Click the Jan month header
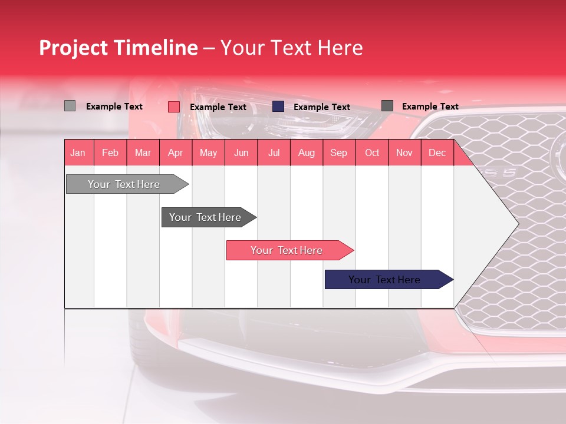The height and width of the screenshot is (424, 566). click(78, 153)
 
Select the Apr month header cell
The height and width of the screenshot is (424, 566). click(175, 153)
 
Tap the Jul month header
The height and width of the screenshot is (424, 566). click(274, 153)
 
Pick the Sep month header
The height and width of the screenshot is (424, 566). click(338, 153)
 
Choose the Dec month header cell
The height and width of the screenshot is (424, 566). click(437, 153)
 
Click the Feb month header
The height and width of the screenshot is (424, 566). click(110, 153)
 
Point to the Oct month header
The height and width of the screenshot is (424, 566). click(372, 153)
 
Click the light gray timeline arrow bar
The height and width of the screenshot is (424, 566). click(124, 184)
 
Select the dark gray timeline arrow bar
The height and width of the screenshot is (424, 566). click(205, 217)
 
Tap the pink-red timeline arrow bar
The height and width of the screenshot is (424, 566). click(287, 250)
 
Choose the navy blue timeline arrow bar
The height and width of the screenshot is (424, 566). click(384, 280)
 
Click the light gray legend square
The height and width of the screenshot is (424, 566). click(70, 106)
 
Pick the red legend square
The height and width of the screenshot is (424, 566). click(173, 107)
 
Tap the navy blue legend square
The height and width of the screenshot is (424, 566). click(278, 106)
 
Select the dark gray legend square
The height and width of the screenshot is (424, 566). click(387, 106)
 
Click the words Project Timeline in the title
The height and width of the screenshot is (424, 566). click(118, 48)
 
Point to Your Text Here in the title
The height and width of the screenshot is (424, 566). click(291, 48)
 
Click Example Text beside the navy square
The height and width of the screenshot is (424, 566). click(321, 107)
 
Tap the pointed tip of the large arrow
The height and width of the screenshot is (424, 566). click(516, 223)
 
